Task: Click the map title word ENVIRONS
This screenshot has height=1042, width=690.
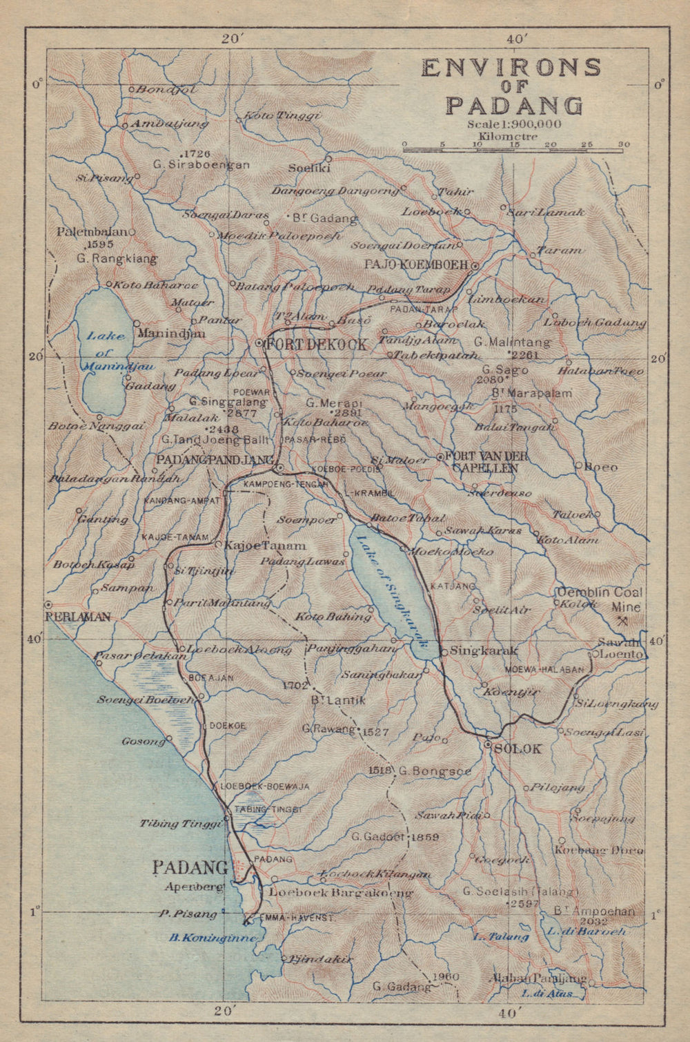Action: pos(511,68)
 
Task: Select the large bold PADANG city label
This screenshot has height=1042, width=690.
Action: pos(190,867)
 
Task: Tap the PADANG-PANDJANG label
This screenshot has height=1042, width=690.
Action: pos(216,460)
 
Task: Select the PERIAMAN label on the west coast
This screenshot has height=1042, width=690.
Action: pos(77,617)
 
